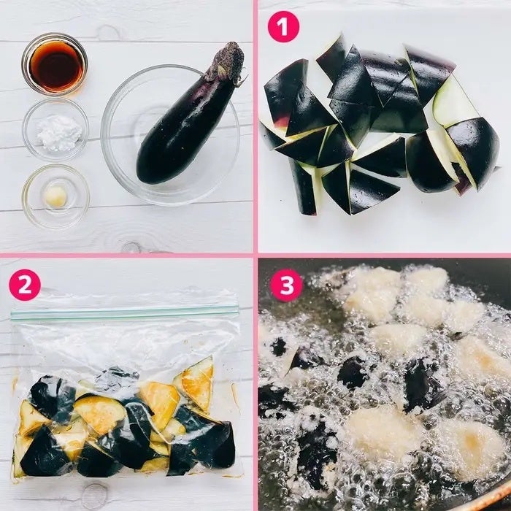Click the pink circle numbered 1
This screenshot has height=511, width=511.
tap(283, 26)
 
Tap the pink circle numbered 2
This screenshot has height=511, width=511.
tap(25, 285)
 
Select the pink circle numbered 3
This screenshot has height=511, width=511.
tap(286, 285)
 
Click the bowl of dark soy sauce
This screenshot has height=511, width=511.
tap(55, 64)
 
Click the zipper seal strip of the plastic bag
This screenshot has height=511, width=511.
tap(125, 312)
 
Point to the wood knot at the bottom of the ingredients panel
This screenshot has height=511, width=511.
tap(131, 247)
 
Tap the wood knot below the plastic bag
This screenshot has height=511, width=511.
tap(94, 496)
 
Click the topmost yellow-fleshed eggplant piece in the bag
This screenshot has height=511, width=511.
tap(196, 383)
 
